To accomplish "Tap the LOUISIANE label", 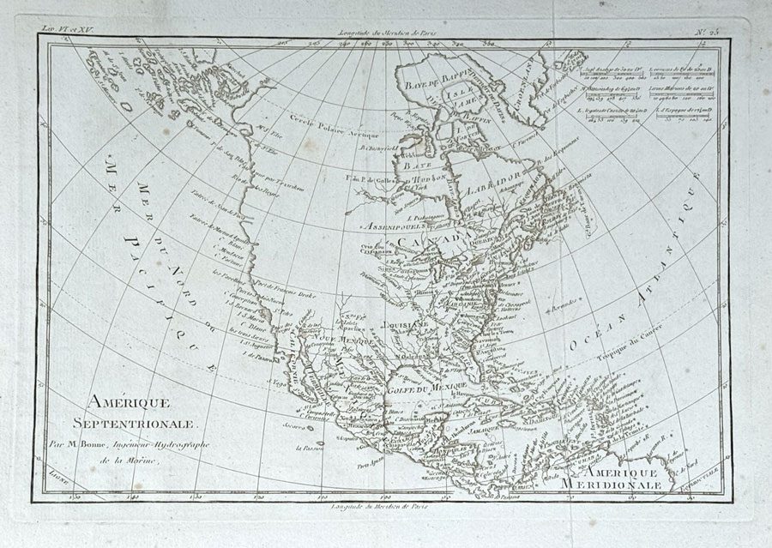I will [405, 327].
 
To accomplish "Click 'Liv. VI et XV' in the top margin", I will [66, 29].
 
